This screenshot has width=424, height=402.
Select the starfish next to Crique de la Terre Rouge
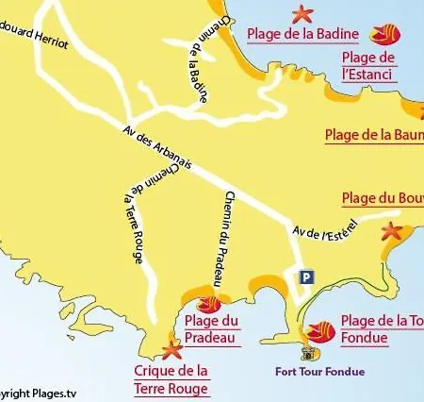point(171,352)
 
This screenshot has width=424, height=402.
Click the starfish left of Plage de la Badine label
point(302,14)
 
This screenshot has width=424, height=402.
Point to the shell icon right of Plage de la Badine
point(383,36)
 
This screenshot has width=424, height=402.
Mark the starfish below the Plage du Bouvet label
point(391,231)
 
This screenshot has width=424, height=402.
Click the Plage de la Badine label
point(302,35)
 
